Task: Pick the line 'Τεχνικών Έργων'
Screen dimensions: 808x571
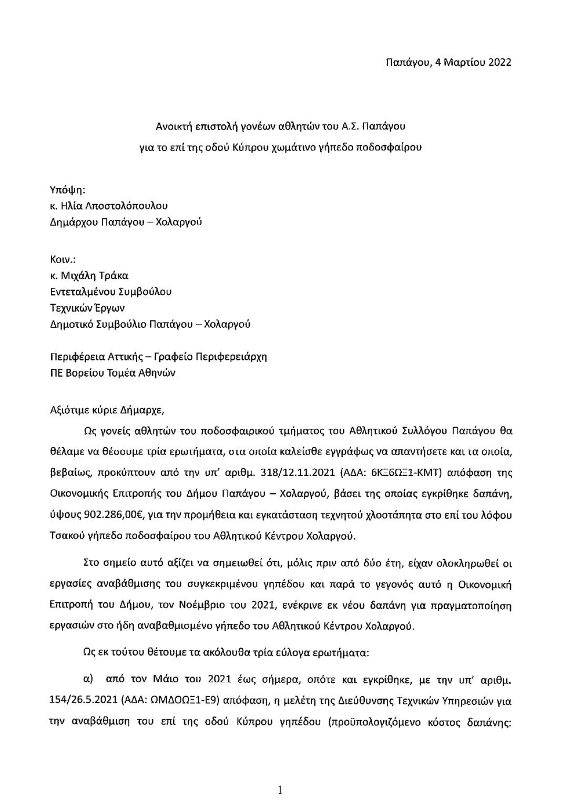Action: click(87, 308)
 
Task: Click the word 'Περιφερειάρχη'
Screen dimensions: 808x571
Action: click(233, 356)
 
